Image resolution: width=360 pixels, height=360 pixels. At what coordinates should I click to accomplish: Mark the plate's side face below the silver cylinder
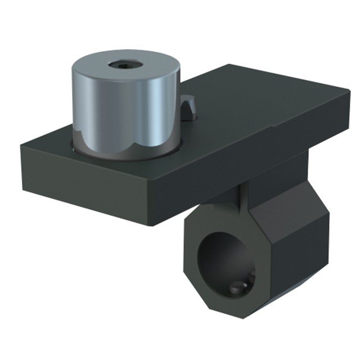click(84, 180)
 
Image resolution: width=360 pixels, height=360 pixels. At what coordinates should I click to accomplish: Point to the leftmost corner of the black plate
click(22, 147)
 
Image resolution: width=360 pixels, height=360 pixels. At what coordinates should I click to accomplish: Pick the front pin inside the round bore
click(237, 289)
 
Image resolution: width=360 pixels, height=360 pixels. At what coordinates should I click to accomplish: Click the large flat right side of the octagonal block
click(292, 247)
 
